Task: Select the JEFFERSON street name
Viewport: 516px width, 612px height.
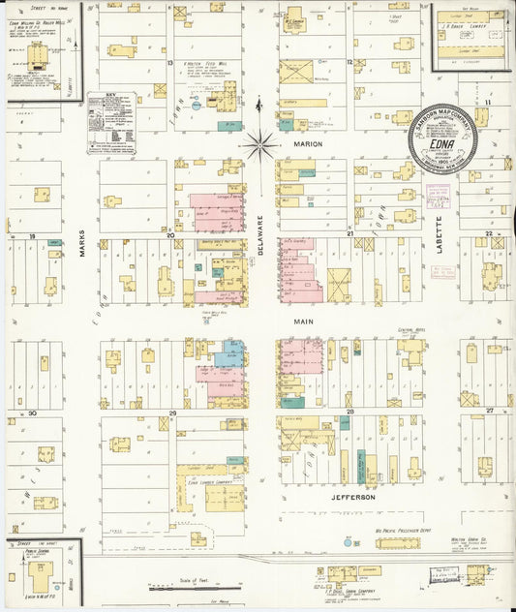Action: coord(353,497)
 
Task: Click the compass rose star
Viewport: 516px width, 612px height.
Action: coord(258,146)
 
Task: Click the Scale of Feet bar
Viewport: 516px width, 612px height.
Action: coord(194,586)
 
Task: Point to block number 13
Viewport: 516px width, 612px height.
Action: coord(169,63)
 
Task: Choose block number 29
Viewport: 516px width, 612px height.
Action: coord(172,413)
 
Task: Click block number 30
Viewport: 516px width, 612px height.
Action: coord(32,413)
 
